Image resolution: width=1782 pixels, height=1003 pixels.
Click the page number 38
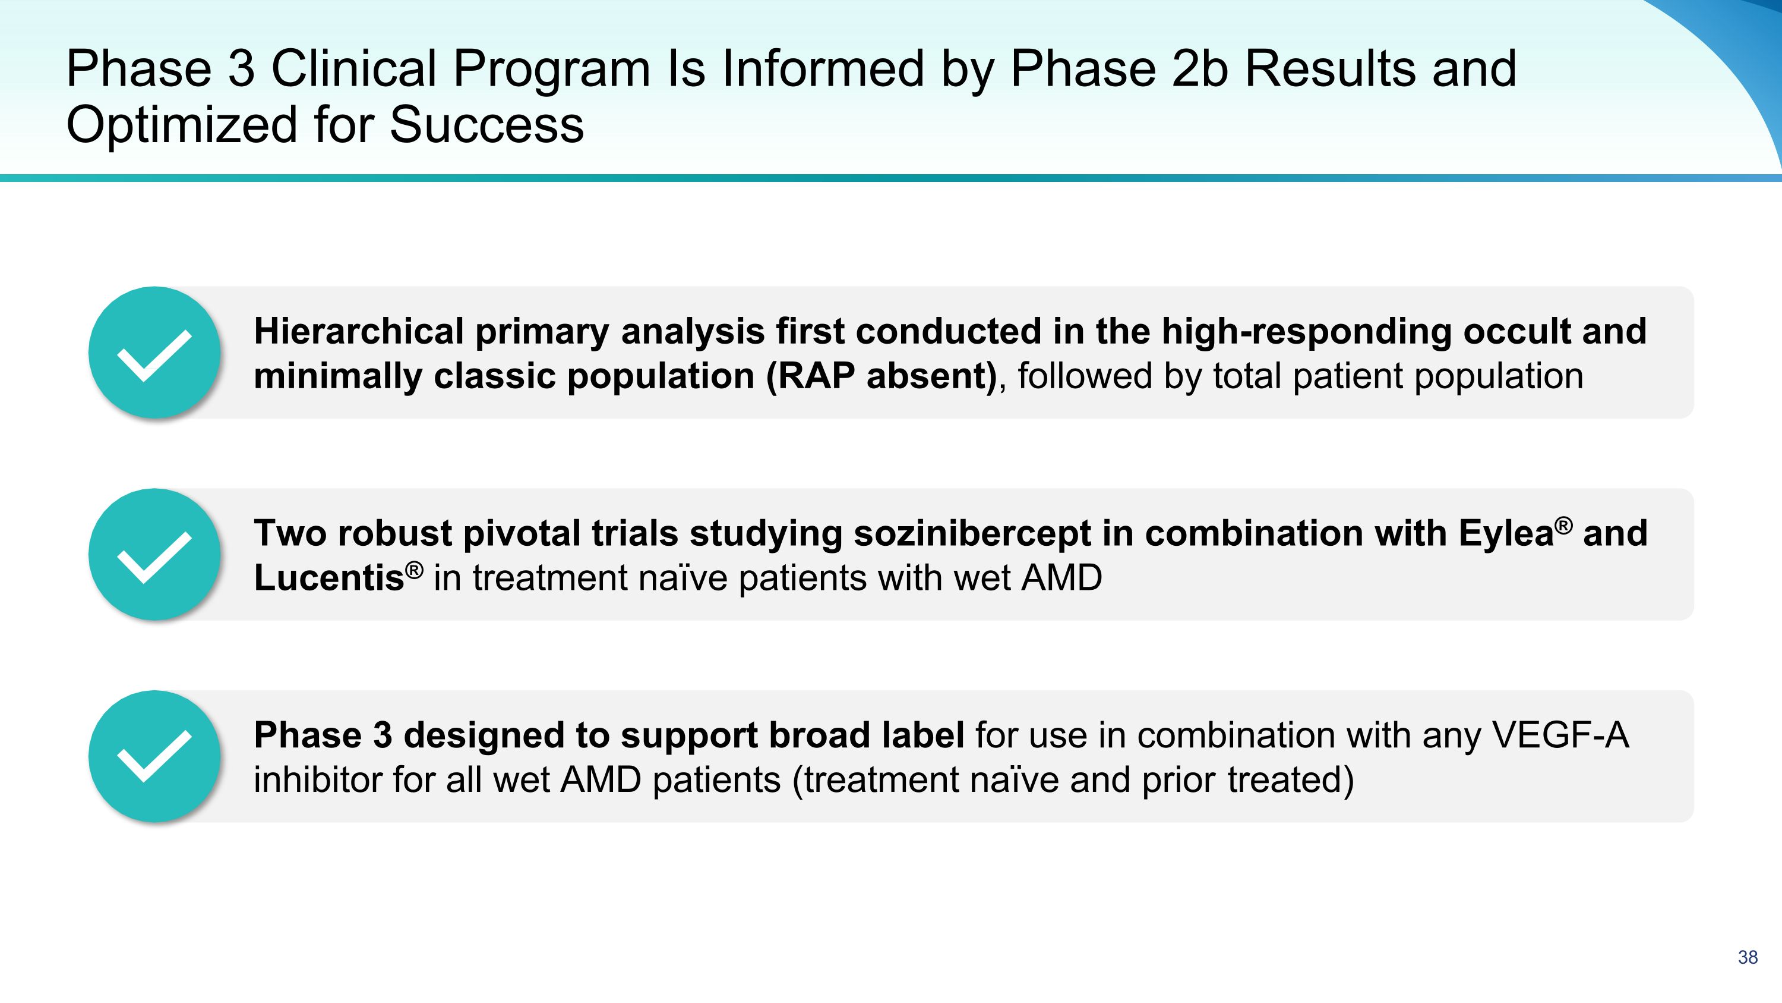(x=1748, y=957)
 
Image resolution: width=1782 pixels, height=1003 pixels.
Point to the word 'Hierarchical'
(x=359, y=331)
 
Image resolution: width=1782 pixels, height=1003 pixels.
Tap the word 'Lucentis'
(x=329, y=578)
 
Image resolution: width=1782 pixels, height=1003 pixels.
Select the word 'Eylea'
(x=1506, y=534)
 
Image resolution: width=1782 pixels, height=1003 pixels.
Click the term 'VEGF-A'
(x=1560, y=735)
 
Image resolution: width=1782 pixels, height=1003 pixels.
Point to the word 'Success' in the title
(x=487, y=125)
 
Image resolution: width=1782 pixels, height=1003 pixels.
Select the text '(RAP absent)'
(x=882, y=376)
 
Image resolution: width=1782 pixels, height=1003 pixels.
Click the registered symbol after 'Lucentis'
(x=413, y=570)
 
